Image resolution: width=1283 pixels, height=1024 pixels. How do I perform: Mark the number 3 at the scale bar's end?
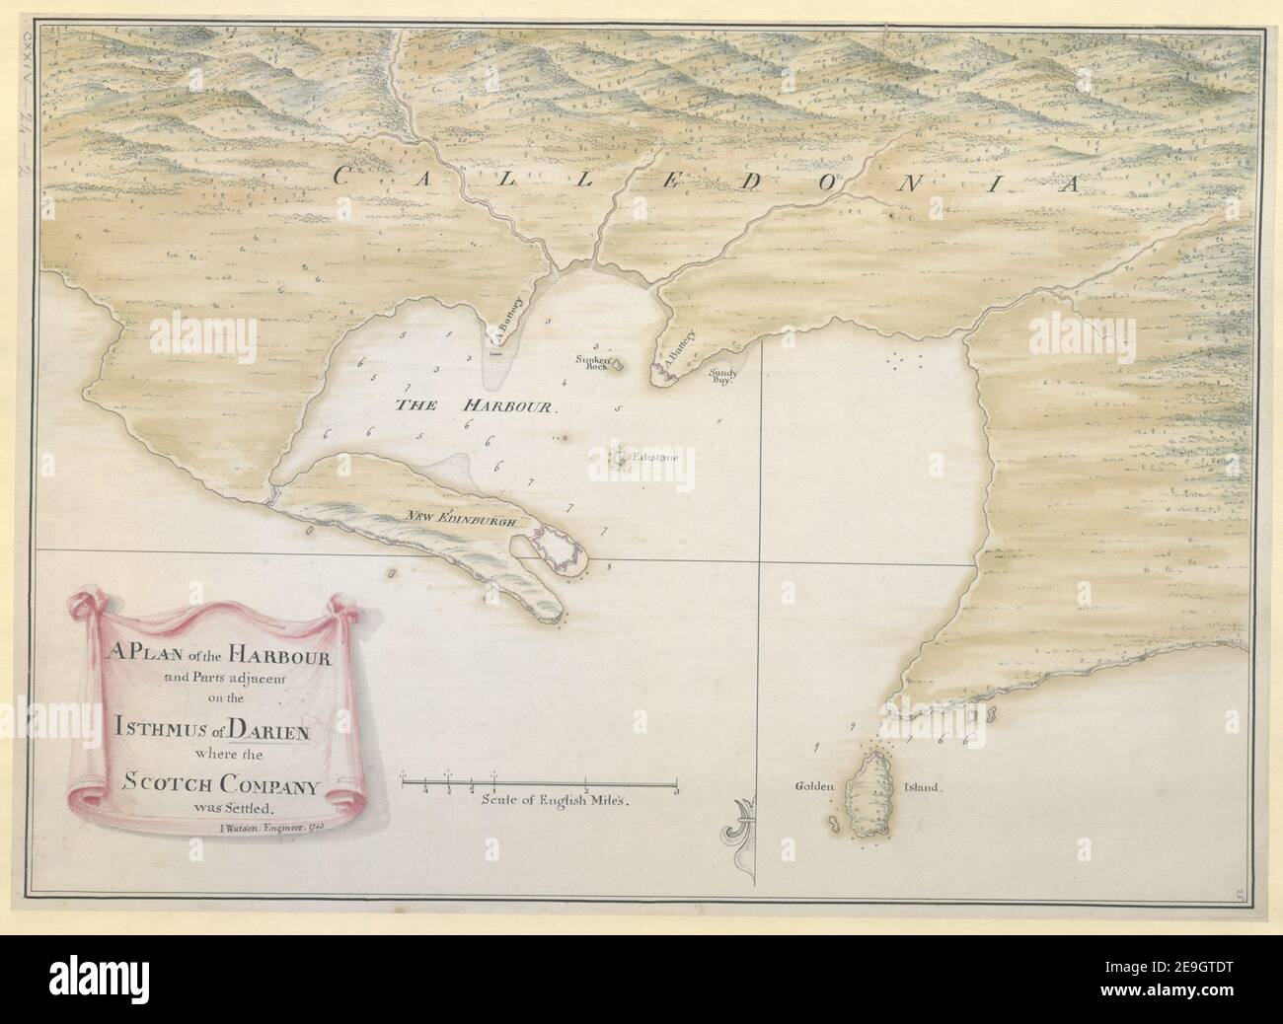[x=676, y=789]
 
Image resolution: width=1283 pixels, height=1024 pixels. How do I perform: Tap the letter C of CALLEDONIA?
[x=344, y=178]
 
